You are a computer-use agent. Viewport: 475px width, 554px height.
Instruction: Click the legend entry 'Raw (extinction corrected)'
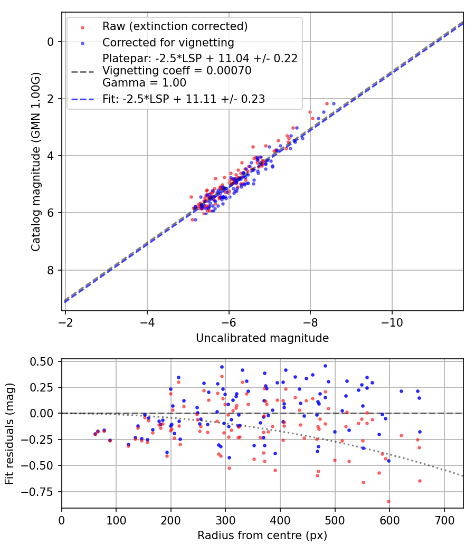tap(175, 26)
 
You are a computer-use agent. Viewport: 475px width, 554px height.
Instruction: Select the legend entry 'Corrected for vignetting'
tap(168, 42)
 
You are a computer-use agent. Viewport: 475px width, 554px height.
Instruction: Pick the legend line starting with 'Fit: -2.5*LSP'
tap(184, 99)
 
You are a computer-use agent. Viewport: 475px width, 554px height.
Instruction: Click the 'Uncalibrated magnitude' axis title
tap(262, 338)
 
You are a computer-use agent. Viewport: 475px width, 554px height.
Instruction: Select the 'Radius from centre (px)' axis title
tap(262, 536)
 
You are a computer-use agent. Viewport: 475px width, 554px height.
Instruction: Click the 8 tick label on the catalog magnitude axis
tap(51, 270)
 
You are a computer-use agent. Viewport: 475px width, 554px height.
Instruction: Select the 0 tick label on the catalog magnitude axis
tap(51, 41)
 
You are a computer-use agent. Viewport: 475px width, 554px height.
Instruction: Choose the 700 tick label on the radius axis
tap(444, 520)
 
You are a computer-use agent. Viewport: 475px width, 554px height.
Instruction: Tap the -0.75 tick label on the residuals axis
tap(41, 491)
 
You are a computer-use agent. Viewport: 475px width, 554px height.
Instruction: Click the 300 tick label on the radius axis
tap(225, 520)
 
